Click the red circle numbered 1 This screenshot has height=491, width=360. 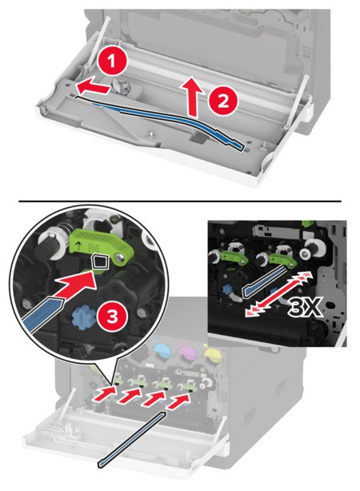pyautogui.click(x=112, y=62)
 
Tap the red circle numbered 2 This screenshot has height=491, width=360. pyautogui.click(x=222, y=101)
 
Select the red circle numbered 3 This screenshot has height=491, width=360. pyautogui.click(x=112, y=317)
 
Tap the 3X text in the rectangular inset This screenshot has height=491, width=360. pyautogui.click(x=305, y=308)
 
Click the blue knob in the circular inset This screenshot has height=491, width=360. pyautogui.click(x=82, y=316)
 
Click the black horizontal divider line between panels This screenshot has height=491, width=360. pyautogui.click(x=180, y=201)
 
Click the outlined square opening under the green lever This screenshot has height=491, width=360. pyautogui.click(x=101, y=261)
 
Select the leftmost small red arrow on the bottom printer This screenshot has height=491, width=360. pyautogui.click(x=105, y=391)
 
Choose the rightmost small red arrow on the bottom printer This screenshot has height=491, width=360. pyautogui.click(x=178, y=401)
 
